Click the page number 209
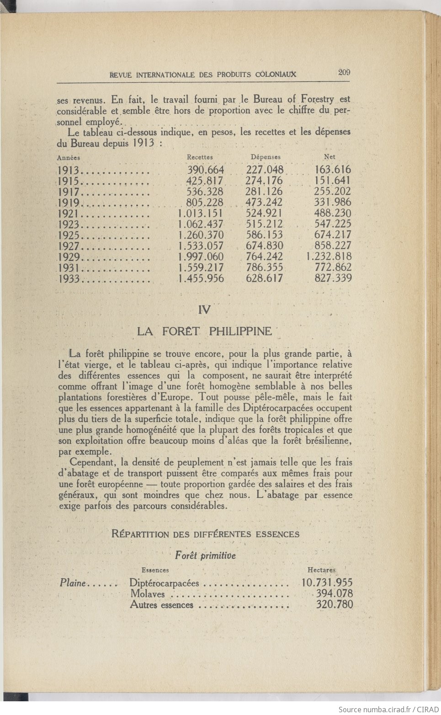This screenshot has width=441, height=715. [344, 72]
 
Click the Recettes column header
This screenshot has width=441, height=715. [200, 157]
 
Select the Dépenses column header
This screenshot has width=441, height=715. [266, 157]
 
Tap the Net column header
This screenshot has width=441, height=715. [329, 157]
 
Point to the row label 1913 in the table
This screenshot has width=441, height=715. [69, 170]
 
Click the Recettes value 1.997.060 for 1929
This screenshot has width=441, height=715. [201, 257]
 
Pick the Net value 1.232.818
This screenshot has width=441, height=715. [329, 257]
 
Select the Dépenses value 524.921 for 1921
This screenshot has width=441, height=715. [264, 213]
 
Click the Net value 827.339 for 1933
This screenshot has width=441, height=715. [333, 279]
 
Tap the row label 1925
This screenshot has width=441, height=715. [69, 236]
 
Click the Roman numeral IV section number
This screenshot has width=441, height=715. [205, 310]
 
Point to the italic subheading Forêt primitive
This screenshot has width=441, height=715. [205, 556]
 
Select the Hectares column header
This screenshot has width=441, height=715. [321, 570]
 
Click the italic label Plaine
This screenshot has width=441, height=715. [73, 583]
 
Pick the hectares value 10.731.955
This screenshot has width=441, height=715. [327, 583]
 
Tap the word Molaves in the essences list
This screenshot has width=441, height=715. [147, 594]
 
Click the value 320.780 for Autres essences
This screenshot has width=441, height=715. [335, 605]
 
